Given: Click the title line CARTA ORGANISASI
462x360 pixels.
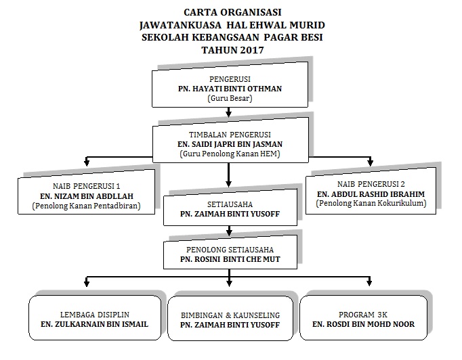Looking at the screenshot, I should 230,12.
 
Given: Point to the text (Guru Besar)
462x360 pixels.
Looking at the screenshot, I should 230,99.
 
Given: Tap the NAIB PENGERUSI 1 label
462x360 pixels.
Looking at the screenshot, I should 86,185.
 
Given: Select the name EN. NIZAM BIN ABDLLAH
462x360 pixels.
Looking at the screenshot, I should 86,196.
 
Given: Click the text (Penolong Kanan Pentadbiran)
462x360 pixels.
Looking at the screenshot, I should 86,207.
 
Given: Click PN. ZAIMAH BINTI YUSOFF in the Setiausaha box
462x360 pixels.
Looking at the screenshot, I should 230,214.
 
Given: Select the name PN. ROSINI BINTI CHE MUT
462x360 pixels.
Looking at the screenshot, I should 230,260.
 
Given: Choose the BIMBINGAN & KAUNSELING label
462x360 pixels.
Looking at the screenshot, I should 230,315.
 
